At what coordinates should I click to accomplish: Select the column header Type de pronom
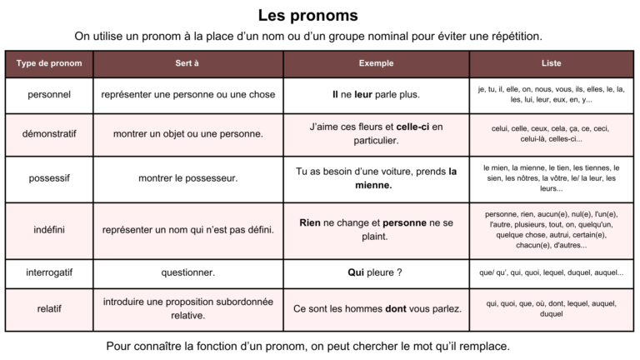(x=48, y=63)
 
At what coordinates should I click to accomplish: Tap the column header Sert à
(x=187, y=63)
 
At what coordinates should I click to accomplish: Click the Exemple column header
(x=376, y=63)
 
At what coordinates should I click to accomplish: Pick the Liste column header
(x=551, y=63)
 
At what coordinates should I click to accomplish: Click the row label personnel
(x=48, y=94)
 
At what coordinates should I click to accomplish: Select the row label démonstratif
(x=48, y=133)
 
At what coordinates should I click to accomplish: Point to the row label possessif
(x=48, y=177)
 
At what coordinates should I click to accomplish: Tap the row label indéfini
(x=48, y=229)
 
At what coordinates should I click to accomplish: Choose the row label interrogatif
(x=48, y=272)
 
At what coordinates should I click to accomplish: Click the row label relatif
(x=48, y=308)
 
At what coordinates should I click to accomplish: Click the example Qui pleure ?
(x=375, y=272)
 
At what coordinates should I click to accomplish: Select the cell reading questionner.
(x=187, y=272)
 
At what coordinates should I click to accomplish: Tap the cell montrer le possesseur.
(x=187, y=177)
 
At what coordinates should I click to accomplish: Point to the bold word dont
(x=396, y=308)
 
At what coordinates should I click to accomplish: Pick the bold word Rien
(x=310, y=222)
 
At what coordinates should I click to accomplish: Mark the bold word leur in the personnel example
(x=363, y=94)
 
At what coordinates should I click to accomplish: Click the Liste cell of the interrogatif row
(x=551, y=272)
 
